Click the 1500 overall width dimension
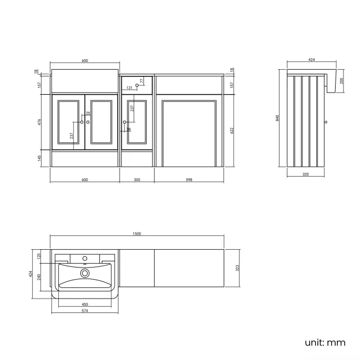(x=137, y=234)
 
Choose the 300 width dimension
(x=137, y=179)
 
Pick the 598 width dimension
(x=189, y=179)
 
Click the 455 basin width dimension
(x=85, y=304)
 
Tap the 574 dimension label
(x=85, y=311)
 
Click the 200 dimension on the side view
(x=342, y=81)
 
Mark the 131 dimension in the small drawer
(x=129, y=88)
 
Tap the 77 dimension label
(x=142, y=81)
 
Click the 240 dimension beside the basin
(x=39, y=277)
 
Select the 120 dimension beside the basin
(x=39, y=256)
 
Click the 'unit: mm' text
(x=325, y=342)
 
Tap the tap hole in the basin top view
(x=85, y=258)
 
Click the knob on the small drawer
(x=137, y=85)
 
